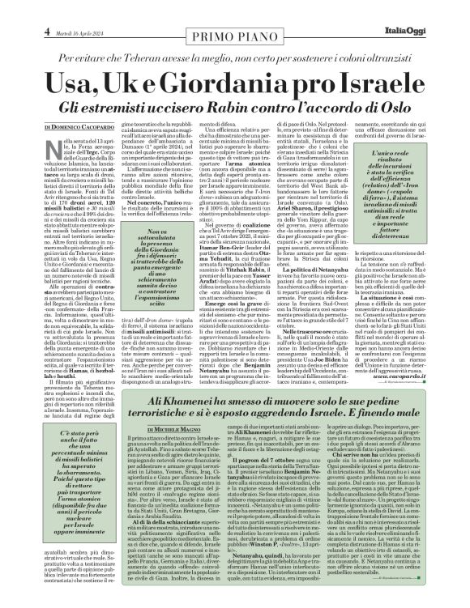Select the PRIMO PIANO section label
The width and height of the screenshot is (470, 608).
click(x=234, y=16)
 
